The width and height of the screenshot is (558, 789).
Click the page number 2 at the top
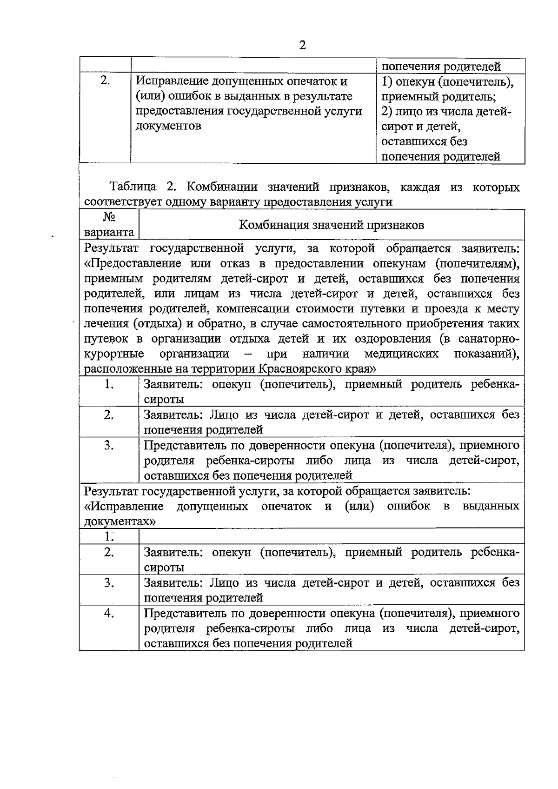tap(302, 45)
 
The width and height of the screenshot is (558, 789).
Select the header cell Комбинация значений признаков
tap(332, 225)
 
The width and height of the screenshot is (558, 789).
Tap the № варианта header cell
tap(109, 225)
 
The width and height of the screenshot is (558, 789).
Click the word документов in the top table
tap(168, 126)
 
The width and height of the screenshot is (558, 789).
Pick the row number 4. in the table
tap(109, 613)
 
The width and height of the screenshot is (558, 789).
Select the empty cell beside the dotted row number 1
tap(332, 536)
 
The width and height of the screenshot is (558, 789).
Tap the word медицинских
tap(401, 354)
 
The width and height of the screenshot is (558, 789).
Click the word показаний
tap(486, 354)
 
